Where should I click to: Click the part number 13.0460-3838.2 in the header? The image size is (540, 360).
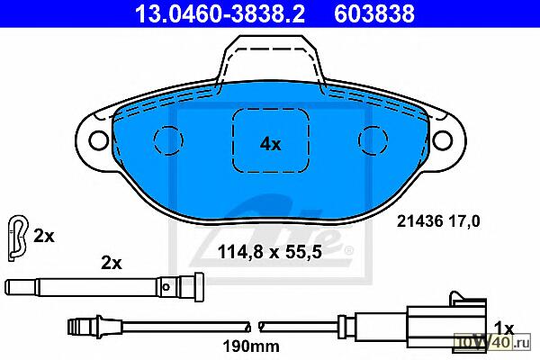pos(220,13)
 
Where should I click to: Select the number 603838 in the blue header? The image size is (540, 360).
pos(374,13)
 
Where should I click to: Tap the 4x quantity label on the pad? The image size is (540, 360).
pos(270,144)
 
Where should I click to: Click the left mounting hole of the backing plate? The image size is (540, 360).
pos(98,140)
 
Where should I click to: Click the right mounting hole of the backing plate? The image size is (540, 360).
pos(442,140)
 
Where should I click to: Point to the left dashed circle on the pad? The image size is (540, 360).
pos(168,140)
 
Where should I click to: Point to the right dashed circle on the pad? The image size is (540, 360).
pos(373,140)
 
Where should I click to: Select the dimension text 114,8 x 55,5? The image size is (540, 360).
pos(270,252)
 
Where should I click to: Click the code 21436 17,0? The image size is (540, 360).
pos(438,220)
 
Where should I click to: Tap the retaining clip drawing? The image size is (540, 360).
pos(17,238)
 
